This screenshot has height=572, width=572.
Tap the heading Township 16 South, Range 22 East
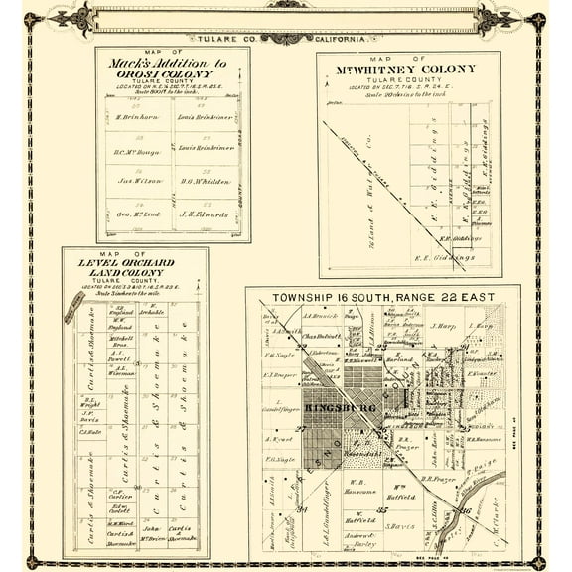click(x=382, y=298)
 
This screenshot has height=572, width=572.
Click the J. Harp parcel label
click(x=442, y=325)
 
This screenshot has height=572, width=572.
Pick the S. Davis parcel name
click(x=398, y=525)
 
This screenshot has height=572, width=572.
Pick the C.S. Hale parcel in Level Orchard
click(x=90, y=431)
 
